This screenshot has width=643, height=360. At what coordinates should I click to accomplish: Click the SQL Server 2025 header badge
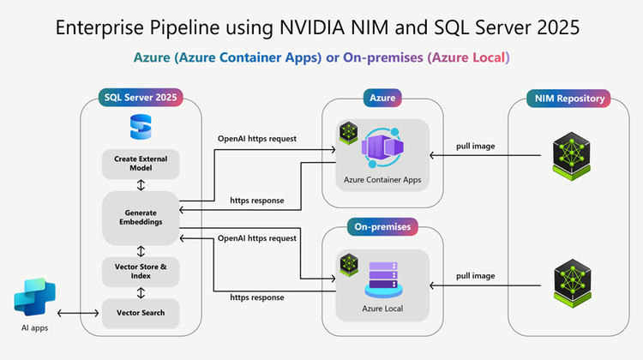coord(141,99)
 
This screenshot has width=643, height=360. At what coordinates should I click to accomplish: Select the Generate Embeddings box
coord(141,216)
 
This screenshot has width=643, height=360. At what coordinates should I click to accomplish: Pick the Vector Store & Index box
coord(141,271)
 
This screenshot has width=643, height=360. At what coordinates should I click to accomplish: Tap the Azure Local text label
coord(382,307)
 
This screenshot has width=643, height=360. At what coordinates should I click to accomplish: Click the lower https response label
coord(258,297)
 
